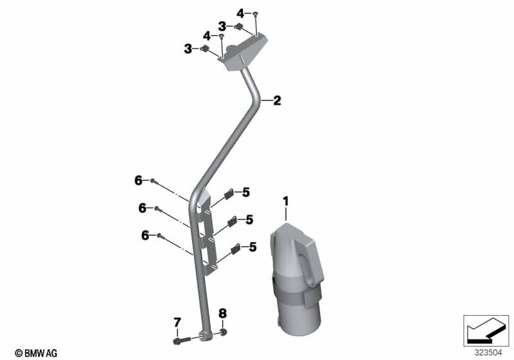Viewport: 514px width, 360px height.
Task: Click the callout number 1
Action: [286, 201]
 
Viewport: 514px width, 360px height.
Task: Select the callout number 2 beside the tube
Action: [277, 101]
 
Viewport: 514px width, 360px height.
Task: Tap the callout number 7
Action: [177, 322]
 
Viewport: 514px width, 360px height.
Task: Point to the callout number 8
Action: [222, 314]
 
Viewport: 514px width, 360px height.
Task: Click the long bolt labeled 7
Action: [182, 340]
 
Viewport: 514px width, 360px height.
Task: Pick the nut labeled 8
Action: [223, 332]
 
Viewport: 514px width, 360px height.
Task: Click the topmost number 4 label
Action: [240, 14]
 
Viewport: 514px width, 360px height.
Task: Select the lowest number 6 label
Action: [145, 235]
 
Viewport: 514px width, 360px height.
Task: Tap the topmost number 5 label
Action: [246, 192]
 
